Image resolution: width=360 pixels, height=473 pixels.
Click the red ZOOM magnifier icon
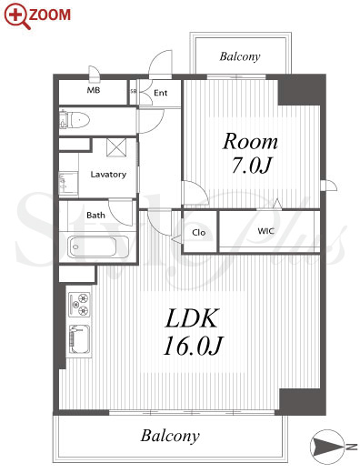pos(17,16)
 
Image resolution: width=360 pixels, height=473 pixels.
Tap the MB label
pos(94,90)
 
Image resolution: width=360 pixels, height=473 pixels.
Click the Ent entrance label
pos(160,93)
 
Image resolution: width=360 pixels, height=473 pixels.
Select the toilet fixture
pos(75,120)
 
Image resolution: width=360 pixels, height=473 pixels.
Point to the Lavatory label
pos(108,175)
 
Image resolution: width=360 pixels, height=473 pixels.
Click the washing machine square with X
pos(116,147)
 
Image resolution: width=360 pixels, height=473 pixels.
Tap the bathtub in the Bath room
pos(92,247)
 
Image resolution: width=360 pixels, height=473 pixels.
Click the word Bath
pos(95,215)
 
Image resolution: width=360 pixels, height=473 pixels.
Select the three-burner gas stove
pos(80,304)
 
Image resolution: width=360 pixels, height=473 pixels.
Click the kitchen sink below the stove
pos(80,339)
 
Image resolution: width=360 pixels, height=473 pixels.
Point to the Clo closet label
pos(199,233)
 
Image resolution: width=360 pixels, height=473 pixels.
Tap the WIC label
pos(266,231)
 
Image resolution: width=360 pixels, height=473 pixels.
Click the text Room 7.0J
pos(250,154)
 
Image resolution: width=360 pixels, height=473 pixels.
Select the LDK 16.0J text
pos(193,332)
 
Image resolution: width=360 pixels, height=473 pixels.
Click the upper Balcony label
pos(240,56)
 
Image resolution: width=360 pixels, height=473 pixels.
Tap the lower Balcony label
pos(170,436)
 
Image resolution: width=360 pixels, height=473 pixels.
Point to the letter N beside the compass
pos(352,447)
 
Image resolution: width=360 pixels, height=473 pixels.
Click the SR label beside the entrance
pos(133,91)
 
